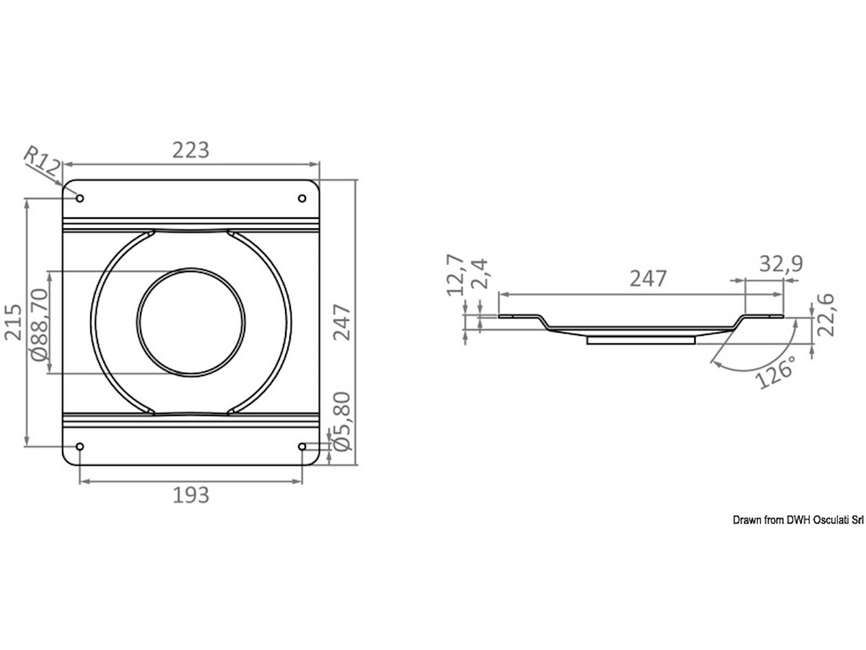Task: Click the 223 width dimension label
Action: point(191,149)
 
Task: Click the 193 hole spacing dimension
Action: point(191,495)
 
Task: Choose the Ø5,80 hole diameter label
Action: point(341,422)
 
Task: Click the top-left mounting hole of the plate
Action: point(80,199)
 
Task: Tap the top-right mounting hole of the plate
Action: point(302,199)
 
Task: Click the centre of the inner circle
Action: point(191,322)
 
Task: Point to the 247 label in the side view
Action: point(647,279)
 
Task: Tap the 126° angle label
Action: point(777,370)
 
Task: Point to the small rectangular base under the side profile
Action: point(641,339)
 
